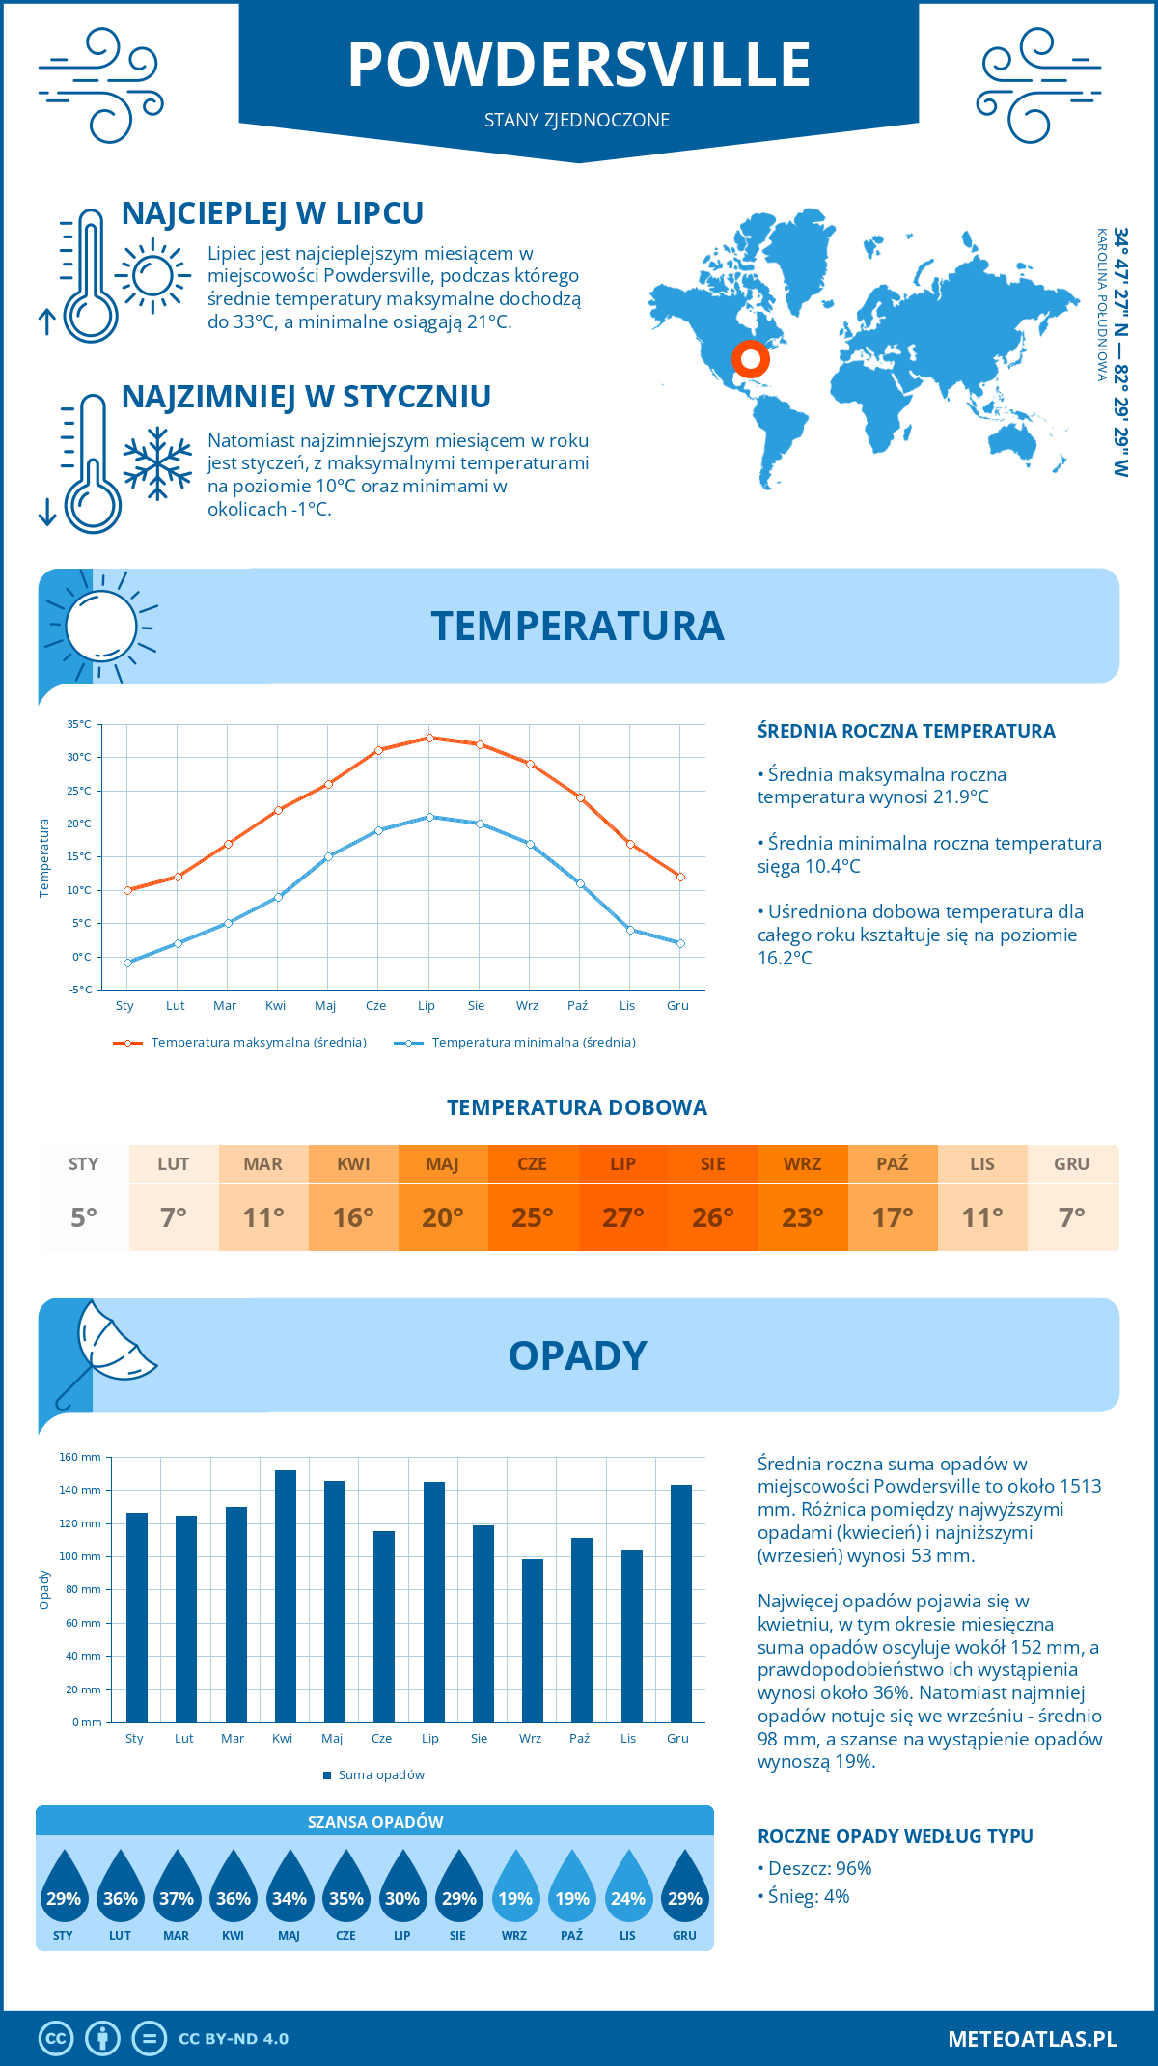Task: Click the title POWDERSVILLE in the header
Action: pos(579,65)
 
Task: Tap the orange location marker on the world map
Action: pos(750,359)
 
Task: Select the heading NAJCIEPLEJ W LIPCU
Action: pos(272,213)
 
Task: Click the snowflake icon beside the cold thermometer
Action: pos(157,463)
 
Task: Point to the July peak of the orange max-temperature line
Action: pos(429,738)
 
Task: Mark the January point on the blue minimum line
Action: pos(127,963)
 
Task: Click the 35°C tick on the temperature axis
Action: pos(79,724)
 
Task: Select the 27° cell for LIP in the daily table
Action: pos(622,1217)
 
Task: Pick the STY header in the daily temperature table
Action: pos(84,1164)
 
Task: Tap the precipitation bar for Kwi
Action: pos(286,1596)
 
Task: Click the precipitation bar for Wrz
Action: pos(533,1640)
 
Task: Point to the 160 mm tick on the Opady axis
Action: pos(81,1457)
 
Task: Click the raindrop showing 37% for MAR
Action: pos(177,1890)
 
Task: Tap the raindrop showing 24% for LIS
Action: pos(628,1890)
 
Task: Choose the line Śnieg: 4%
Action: pos(804,1896)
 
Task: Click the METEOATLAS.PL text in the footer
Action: pos(1032,2039)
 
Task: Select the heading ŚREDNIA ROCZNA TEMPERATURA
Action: pos(906,732)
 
